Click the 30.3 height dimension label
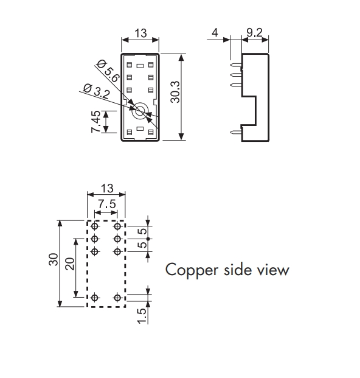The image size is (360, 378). pyautogui.click(x=175, y=92)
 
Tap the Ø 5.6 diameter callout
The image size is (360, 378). pyautogui.click(x=108, y=71)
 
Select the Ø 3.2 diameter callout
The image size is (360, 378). pyautogui.click(x=97, y=91)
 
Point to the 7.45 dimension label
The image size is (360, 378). pyautogui.click(x=95, y=122)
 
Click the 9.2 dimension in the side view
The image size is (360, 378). pyautogui.click(x=255, y=32)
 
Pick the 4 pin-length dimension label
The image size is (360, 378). pyautogui.click(x=215, y=32)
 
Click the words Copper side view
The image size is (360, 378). pyautogui.click(x=227, y=270)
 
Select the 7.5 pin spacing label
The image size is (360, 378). pyautogui.click(x=107, y=204)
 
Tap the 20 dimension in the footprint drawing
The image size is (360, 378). pyautogui.click(x=70, y=264)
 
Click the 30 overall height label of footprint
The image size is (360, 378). pyautogui.click(x=54, y=259)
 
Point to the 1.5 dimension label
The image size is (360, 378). pyautogui.click(x=141, y=316)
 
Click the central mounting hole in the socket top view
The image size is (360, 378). pyautogui.click(x=140, y=111)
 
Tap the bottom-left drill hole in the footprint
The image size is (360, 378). pyautogui.click(x=95, y=298)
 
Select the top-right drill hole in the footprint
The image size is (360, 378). pyautogui.click(x=117, y=226)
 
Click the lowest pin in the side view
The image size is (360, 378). pyautogui.click(x=236, y=132)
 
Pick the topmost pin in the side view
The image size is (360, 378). pyautogui.click(x=236, y=65)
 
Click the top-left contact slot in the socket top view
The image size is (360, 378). pyautogui.click(x=130, y=65)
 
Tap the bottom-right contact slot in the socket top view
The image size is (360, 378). pyautogui.click(x=151, y=132)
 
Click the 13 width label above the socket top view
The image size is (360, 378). pyautogui.click(x=140, y=33)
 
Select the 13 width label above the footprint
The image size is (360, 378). pyautogui.click(x=107, y=188)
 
